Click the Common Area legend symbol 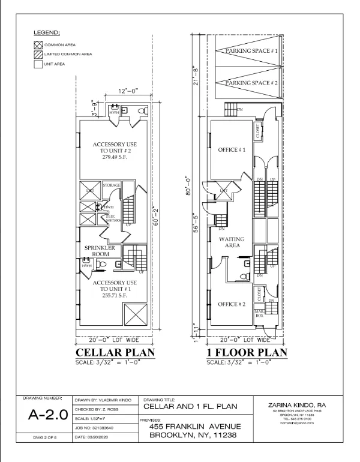pos(37,44)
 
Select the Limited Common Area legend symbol pos(37,55)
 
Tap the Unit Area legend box pos(37,65)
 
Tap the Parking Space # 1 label pos(252,52)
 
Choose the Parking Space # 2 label pos(252,83)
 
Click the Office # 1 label pos(232,149)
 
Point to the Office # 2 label pos(232,304)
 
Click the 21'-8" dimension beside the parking pos(196,77)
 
